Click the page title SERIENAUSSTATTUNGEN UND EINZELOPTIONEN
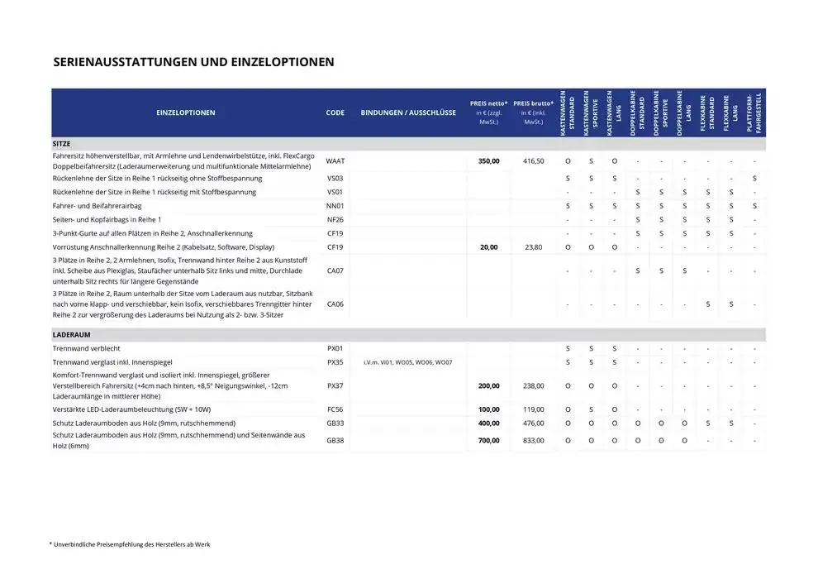coord(193,62)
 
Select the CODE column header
coord(335,112)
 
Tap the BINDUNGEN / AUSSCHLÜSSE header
coord(408,112)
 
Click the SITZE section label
coord(61,143)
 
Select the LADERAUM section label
coord(70,334)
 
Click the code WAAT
coord(335,160)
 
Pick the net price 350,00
coord(489,160)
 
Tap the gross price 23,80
coord(533,247)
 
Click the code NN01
coord(335,206)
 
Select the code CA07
coord(335,270)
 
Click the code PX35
coord(335,362)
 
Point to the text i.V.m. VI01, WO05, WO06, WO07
coord(408,362)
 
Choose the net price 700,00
coord(489,440)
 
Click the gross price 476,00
coord(533,423)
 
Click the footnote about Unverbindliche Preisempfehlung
coord(130,544)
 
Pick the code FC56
coord(335,409)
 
